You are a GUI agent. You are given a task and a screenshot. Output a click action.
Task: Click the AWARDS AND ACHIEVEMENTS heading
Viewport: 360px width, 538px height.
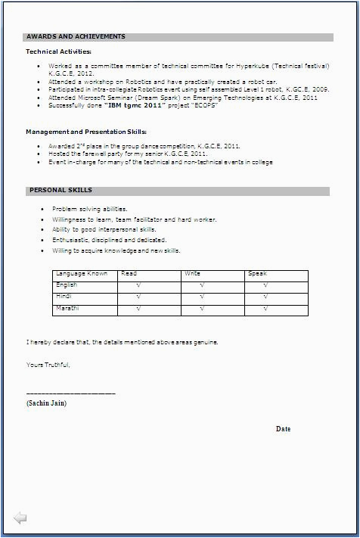click(x=76, y=36)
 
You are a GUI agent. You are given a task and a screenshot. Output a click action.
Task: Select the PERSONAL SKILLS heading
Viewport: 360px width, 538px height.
click(x=61, y=190)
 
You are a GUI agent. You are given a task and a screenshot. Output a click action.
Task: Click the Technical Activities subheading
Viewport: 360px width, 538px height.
click(x=58, y=51)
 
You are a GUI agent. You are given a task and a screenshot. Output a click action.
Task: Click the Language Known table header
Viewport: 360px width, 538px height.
click(x=82, y=273)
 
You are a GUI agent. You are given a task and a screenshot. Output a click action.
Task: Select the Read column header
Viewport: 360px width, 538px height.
click(x=129, y=273)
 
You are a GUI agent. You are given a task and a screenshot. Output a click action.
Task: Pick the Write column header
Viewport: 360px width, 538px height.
click(x=191, y=273)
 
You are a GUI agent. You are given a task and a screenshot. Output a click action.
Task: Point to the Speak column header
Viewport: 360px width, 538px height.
click(x=257, y=273)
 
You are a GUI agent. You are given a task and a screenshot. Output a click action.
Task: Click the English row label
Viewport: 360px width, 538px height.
click(x=67, y=285)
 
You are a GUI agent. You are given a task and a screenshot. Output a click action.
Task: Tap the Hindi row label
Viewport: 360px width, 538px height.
click(x=64, y=297)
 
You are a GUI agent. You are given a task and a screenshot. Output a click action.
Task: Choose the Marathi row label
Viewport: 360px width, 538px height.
click(x=67, y=309)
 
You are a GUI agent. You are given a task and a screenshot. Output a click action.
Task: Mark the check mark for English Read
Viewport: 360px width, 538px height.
click(x=138, y=286)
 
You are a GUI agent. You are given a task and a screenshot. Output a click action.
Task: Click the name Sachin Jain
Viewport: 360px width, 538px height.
click(x=46, y=403)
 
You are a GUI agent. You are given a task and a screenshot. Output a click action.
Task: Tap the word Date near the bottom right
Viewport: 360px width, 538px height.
click(x=283, y=429)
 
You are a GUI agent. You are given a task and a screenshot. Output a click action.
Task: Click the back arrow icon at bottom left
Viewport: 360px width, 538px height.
click(x=20, y=518)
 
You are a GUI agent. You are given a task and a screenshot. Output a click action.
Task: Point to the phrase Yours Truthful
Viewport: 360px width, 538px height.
click(x=48, y=365)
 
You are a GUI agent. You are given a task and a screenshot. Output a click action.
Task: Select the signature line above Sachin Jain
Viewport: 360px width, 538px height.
click(x=70, y=393)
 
